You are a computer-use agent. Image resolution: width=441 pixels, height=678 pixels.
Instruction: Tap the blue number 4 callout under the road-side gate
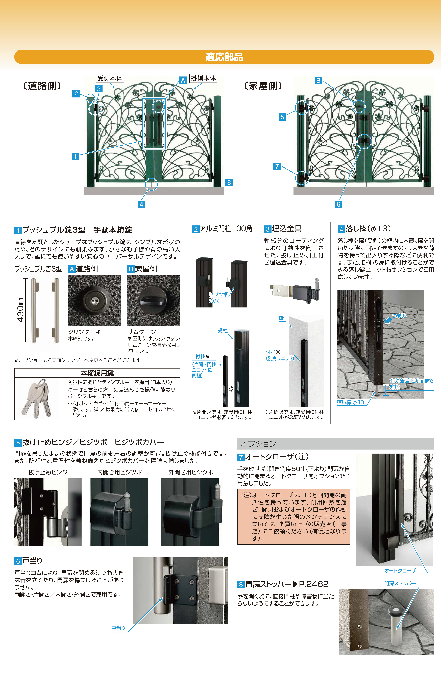(141, 204)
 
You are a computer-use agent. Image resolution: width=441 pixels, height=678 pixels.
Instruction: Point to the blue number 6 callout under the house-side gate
(338, 204)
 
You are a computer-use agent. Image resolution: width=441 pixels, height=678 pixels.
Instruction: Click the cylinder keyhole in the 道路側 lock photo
(94, 301)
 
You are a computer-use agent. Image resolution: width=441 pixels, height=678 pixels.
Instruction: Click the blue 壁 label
(281, 318)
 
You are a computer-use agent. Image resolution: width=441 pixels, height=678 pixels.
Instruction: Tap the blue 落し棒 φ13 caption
(350, 402)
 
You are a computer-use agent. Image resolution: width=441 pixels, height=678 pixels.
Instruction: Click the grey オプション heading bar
(336, 444)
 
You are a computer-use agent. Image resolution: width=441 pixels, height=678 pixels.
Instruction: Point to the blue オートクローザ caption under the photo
(400, 571)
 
